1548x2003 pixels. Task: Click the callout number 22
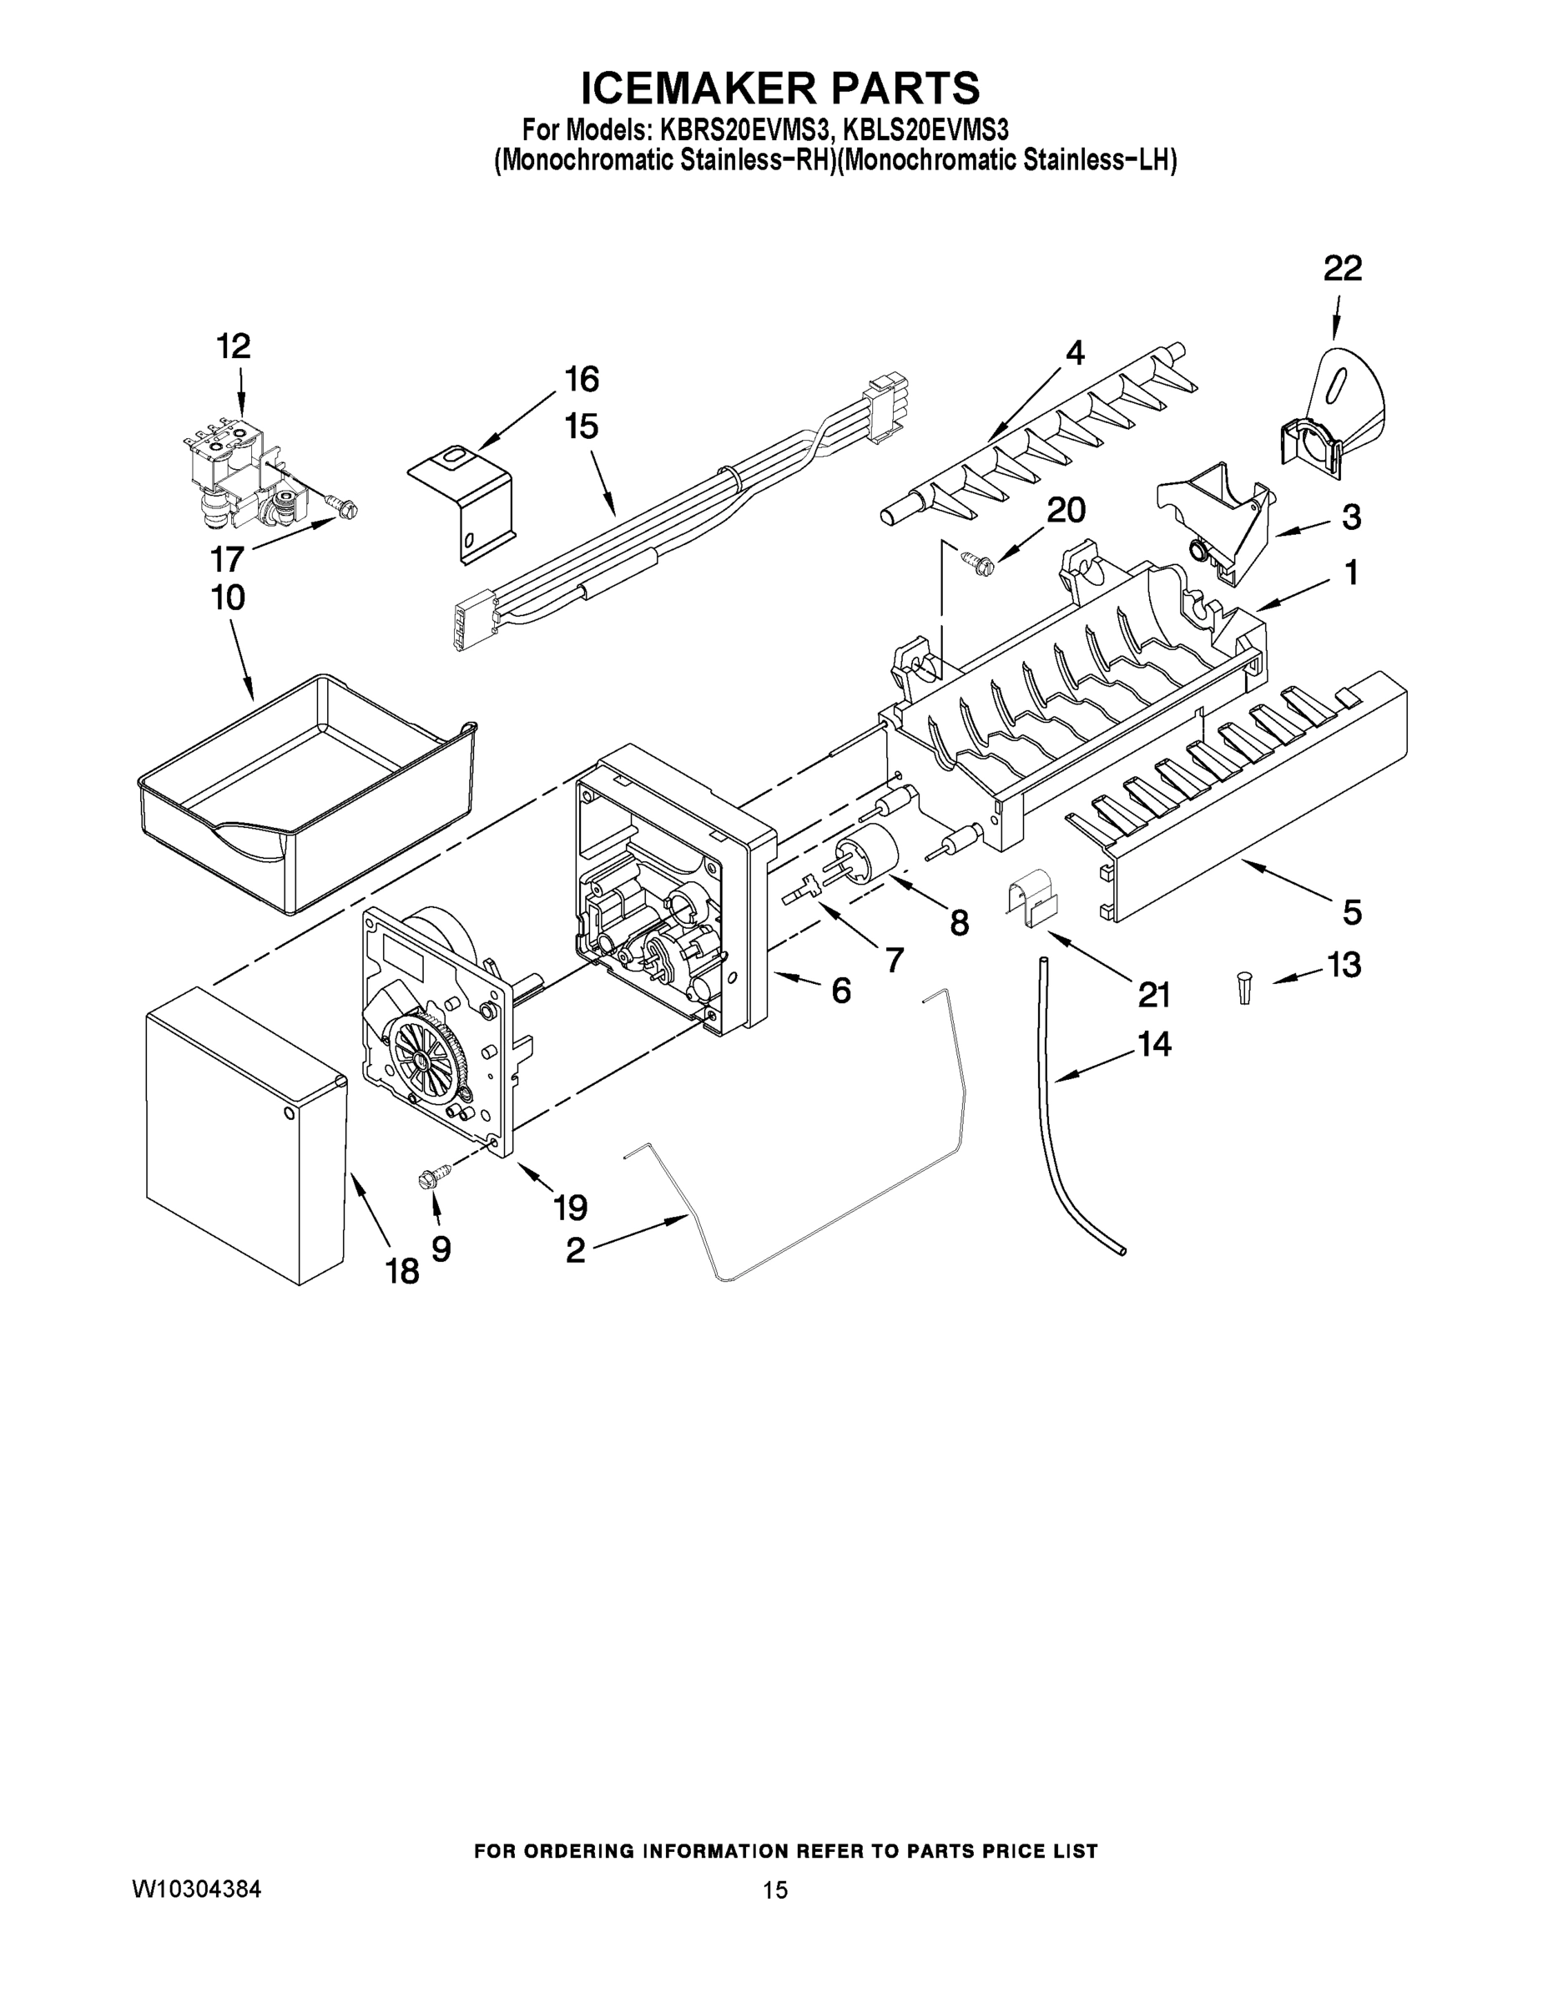tap(1342, 269)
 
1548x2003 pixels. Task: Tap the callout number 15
tap(582, 426)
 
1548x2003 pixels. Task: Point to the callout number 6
tap(840, 991)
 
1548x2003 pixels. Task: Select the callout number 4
tap(1074, 352)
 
